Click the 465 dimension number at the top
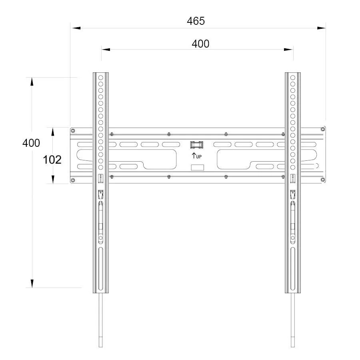pyautogui.click(x=196, y=21)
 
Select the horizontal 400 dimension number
pyautogui.click(x=200, y=44)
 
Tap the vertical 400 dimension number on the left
pyautogui.click(x=31, y=143)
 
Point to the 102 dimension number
pyautogui.click(x=52, y=160)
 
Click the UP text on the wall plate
pyautogui.click(x=199, y=156)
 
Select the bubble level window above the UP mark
pyautogui.click(x=196, y=144)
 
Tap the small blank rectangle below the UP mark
pyautogui.click(x=197, y=167)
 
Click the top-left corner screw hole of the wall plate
pyautogui.click(x=72, y=130)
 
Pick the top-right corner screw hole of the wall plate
pyautogui.click(x=322, y=129)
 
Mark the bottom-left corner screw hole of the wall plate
pyautogui.click(x=72, y=181)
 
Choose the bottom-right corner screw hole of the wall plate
pyautogui.click(x=322, y=181)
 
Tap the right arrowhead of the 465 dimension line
pyautogui.click(x=321, y=28)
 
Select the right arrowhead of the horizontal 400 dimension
pyautogui.click(x=288, y=50)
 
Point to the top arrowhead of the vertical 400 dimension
pyautogui.click(x=32, y=81)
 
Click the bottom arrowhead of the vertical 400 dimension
pyautogui.click(x=32, y=283)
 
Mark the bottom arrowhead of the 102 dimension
pyautogui.click(x=52, y=180)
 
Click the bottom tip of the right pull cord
pyautogui.click(x=293, y=346)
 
